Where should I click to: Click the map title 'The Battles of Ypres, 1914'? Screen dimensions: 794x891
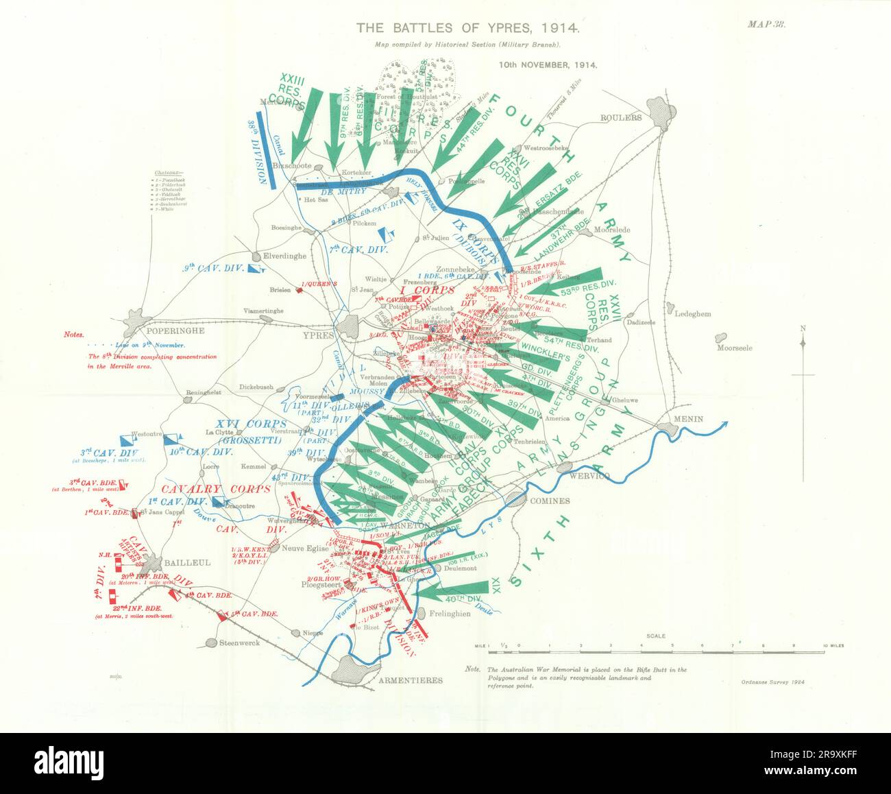pos(468,29)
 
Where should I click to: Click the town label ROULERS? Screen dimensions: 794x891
pos(621,117)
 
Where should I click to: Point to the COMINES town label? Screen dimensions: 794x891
pos(550,501)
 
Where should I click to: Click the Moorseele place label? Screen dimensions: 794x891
pos(734,348)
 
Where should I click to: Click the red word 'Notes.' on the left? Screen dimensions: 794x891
pos(73,335)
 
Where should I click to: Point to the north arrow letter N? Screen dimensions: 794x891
pos(803,328)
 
